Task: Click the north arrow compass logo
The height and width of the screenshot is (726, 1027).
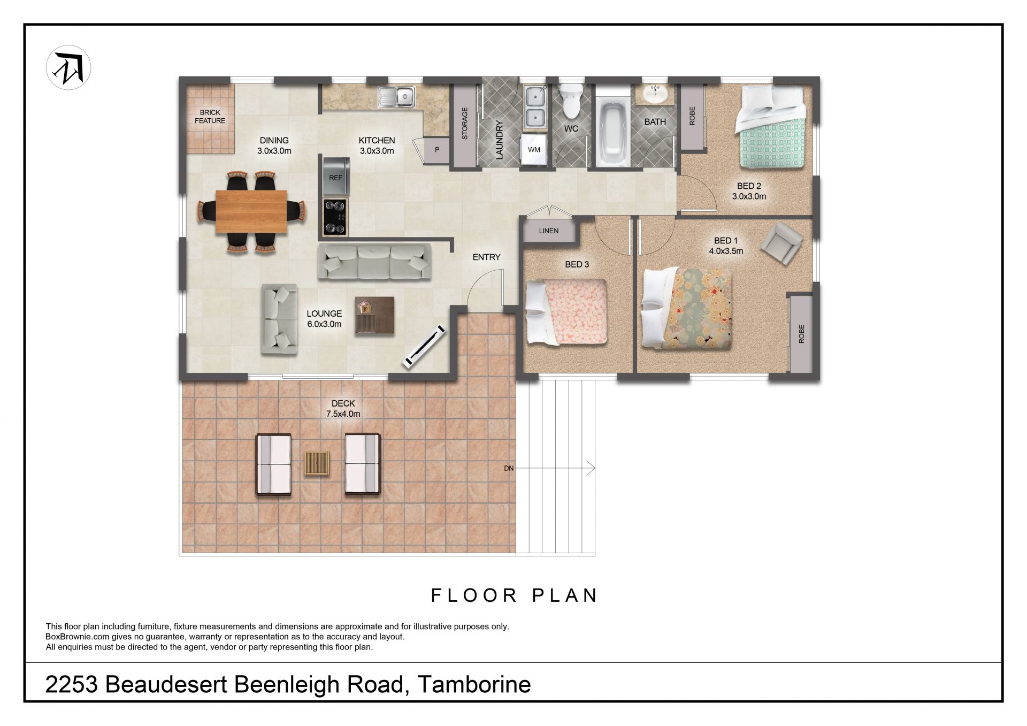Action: tap(68, 67)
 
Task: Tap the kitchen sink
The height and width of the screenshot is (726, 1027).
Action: tap(396, 97)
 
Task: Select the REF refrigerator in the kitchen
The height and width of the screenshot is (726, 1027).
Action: tap(336, 177)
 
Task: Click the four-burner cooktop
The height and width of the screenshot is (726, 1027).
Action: tap(335, 217)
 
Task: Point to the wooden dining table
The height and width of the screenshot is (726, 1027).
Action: tap(251, 211)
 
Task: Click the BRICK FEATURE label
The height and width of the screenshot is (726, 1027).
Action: tap(210, 117)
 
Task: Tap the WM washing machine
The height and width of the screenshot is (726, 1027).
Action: tap(534, 150)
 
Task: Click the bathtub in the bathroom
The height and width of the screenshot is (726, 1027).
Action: tap(614, 132)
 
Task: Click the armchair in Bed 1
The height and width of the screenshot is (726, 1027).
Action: tap(781, 243)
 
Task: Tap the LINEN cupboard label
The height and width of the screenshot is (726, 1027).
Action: tap(549, 231)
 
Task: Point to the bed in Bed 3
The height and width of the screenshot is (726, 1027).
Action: tap(566, 312)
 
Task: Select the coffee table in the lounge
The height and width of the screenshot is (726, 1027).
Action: tap(374, 316)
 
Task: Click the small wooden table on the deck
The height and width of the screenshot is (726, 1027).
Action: tap(317, 463)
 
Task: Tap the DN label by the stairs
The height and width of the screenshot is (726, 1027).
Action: tap(509, 468)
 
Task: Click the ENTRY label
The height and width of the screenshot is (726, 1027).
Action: tap(486, 257)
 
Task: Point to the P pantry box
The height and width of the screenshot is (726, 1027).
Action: tap(437, 150)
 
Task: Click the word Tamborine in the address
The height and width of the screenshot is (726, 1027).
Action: tap(474, 684)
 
